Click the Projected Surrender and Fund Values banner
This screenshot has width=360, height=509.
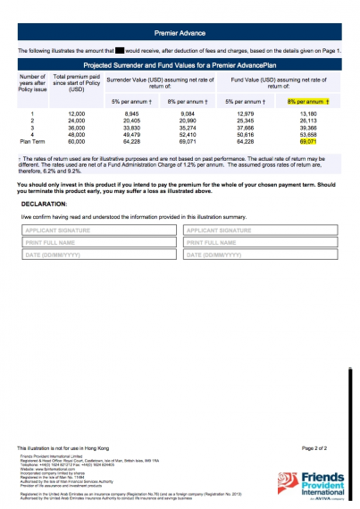click(180, 66)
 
